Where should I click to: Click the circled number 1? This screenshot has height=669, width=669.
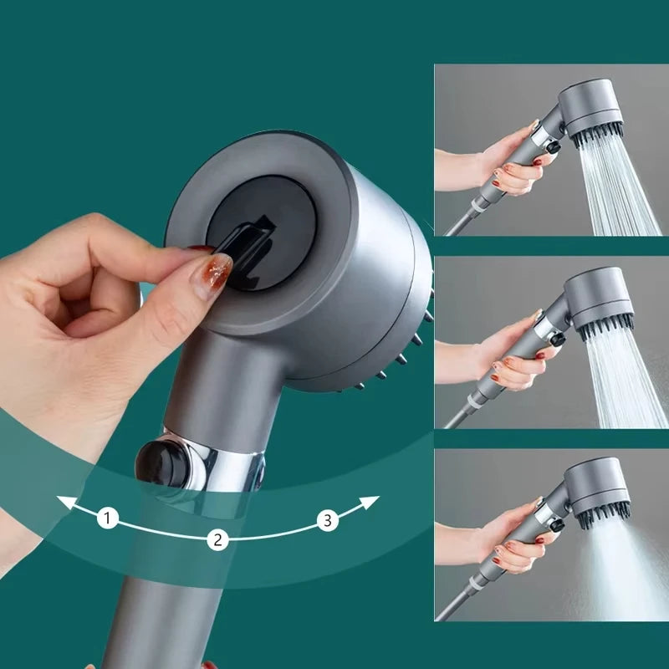[107, 518]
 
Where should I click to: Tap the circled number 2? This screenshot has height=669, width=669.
[217, 539]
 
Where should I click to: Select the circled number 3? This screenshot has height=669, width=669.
[328, 521]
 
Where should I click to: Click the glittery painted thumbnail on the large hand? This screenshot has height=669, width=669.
[214, 273]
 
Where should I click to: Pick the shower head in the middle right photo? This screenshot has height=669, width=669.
[598, 297]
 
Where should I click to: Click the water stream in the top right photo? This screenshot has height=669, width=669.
[623, 188]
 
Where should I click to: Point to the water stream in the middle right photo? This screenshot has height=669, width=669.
[627, 376]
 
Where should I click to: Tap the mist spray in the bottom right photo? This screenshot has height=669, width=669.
[623, 569]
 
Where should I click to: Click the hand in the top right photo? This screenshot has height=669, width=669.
[510, 163]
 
